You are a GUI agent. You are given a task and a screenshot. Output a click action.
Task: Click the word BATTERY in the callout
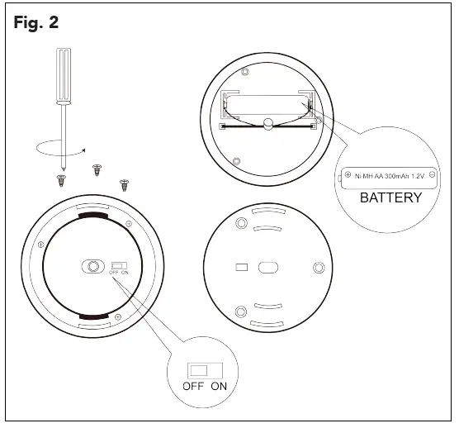point(390,197)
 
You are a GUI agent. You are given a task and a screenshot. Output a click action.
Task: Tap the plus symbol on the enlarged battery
point(348,175)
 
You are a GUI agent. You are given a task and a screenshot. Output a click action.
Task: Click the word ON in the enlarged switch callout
point(218,386)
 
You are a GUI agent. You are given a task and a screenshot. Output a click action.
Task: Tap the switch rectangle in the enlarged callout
point(201,369)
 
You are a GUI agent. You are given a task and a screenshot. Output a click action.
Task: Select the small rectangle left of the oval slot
point(241,267)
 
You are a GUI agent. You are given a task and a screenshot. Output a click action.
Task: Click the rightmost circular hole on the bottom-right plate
point(319,268)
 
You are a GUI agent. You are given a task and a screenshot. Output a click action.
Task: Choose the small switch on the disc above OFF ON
point(118,266)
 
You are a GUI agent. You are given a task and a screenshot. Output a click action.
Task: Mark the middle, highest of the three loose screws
point(96,169)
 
